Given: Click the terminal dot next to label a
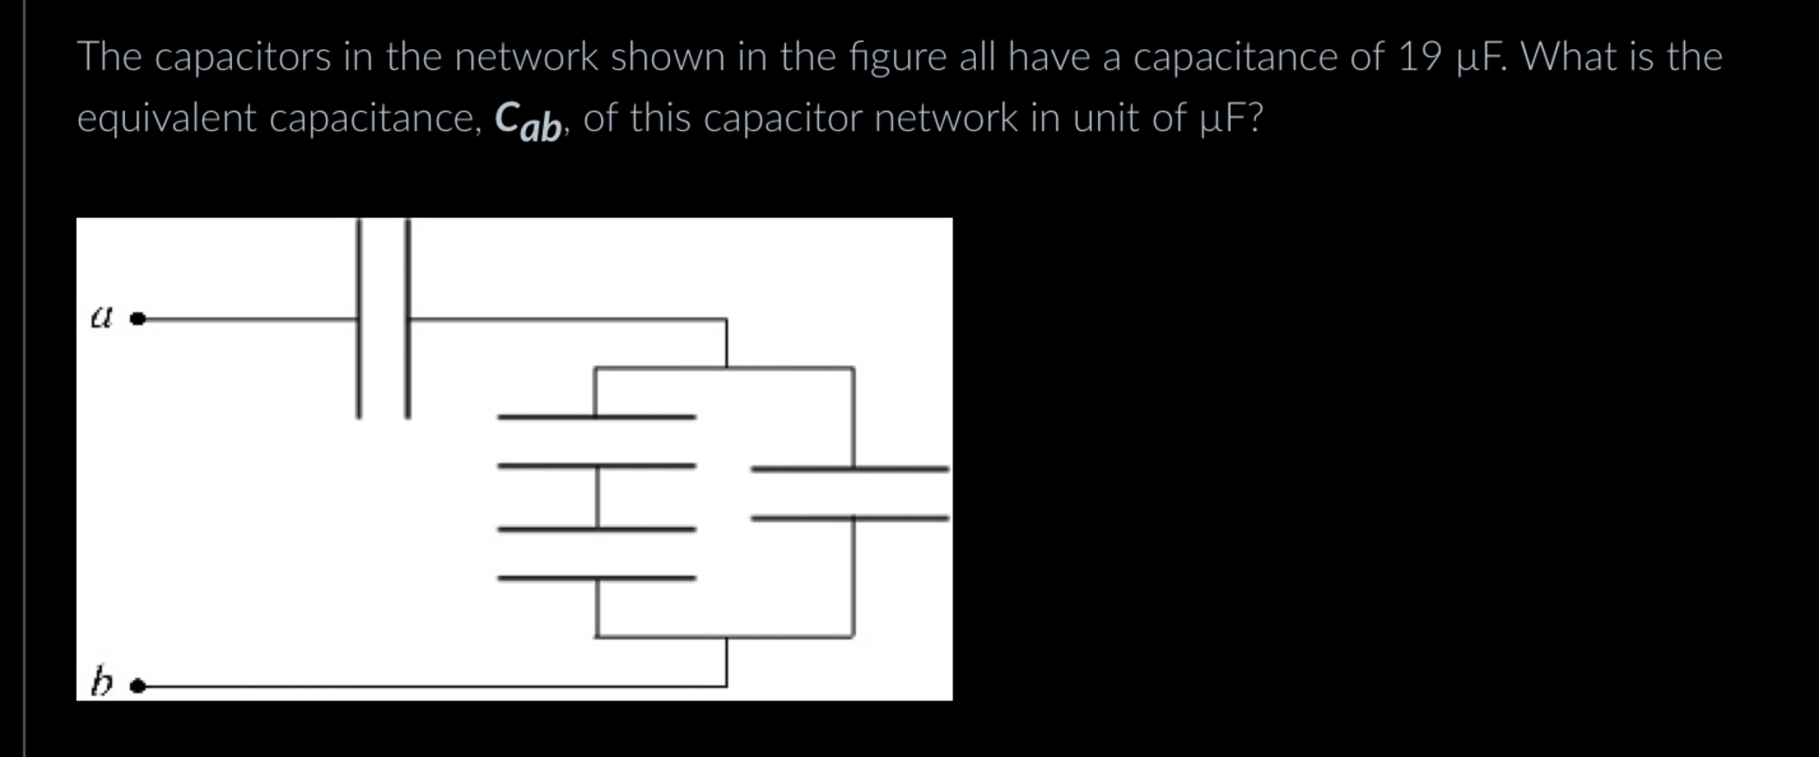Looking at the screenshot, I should click(x=138, y=319).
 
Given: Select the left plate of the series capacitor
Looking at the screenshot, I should click(x=359, y=318).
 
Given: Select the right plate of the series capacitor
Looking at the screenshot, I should click(x=408, y=318).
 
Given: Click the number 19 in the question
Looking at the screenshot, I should click(x=1418, y=57).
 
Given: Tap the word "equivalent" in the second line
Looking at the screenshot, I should click(x=166, y=118).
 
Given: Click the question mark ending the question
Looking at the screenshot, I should click(x=1254, y=118).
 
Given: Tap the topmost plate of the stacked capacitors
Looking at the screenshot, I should click(x=597, y=416).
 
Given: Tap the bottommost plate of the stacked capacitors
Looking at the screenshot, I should click(x=597, y=577).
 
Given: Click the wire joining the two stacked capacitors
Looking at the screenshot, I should click(x=597, y=497).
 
